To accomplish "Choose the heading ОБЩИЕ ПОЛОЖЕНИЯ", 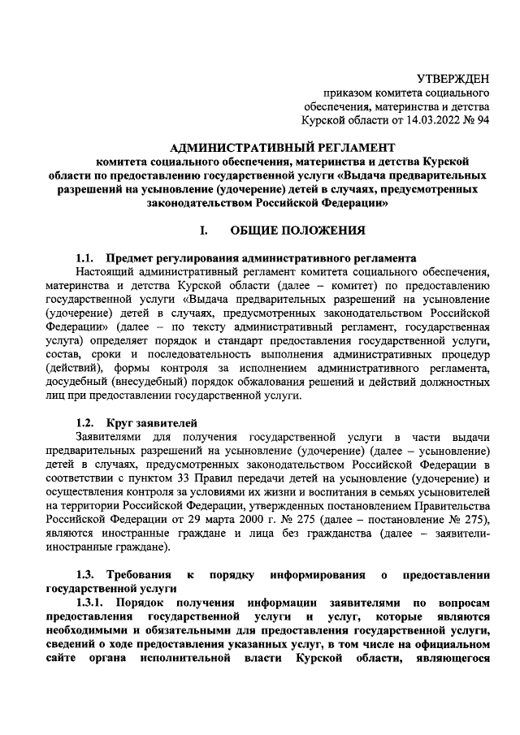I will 297,230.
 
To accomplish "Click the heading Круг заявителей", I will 150,424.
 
